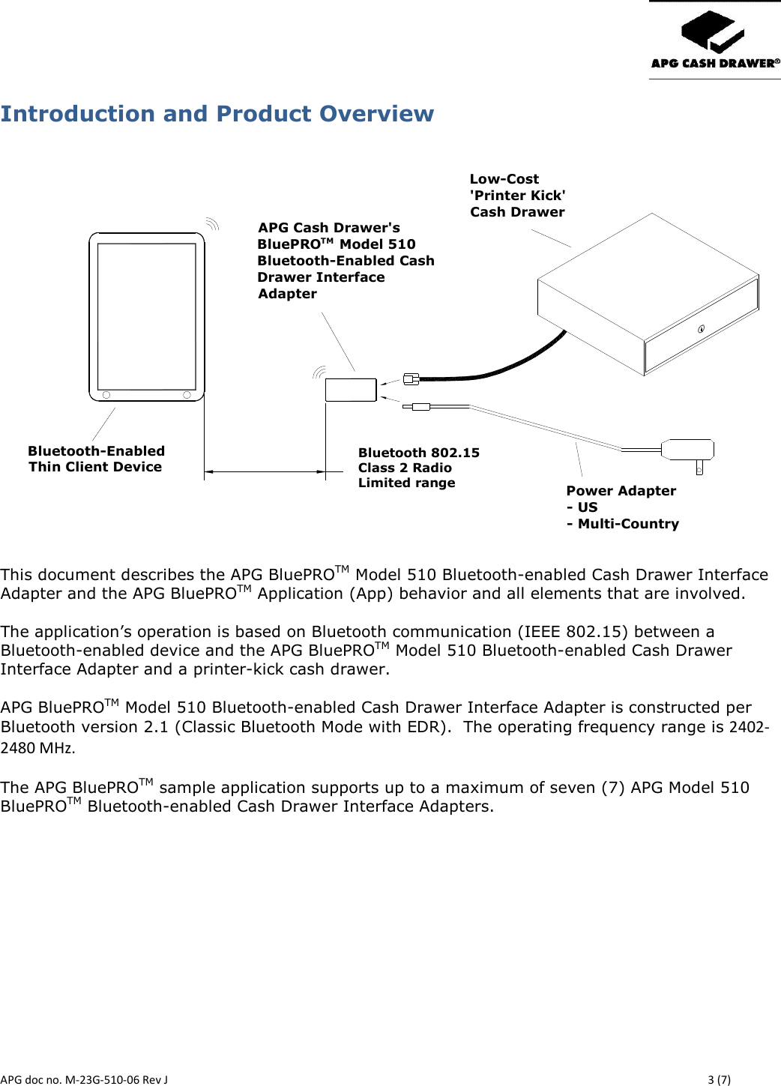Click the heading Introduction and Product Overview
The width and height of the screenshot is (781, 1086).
tap(217, 114)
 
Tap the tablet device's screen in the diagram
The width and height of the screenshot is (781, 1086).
tap(147, 316)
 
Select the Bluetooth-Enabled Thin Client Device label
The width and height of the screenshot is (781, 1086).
tap(96, 459)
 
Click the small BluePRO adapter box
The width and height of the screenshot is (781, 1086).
tap(351, 390)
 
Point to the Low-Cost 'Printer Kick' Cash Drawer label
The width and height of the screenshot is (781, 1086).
tap(517, 196)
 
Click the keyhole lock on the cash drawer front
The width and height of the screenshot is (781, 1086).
tap(702, 329)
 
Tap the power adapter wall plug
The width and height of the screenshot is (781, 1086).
tap(688, 450)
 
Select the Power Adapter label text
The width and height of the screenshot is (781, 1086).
tap(621, 491)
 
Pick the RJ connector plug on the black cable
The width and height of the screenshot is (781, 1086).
tap(411, 379)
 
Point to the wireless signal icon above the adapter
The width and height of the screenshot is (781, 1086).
tap(319, 372)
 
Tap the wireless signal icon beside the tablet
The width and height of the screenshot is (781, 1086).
tap(212, 223)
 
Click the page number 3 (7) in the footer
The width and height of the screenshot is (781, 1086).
tap(719, 1079)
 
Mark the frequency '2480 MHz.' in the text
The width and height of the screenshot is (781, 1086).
tap(38, 748)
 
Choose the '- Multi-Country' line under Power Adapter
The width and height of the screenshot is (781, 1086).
tap(623, 524)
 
